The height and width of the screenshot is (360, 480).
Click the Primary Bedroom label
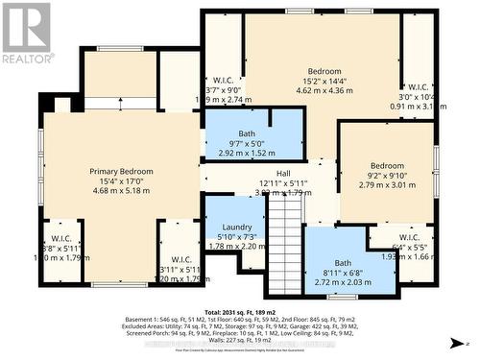(x=121, y=171)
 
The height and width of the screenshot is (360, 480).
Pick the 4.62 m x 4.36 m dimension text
(x=324, y=91)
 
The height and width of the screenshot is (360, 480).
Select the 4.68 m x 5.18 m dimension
(x=121, y=191)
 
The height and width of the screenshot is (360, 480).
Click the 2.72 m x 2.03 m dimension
(x=343, y=282)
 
